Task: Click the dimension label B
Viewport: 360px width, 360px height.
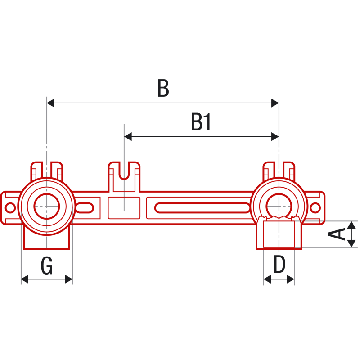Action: coord(163,88)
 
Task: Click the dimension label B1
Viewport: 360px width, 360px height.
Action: coord(201,122)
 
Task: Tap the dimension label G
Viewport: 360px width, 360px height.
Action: coord(47,265)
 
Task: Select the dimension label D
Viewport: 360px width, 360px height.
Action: coord(279,264)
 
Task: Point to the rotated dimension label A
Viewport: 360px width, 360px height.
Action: coord(336,234)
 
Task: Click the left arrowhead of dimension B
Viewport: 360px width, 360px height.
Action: coord(50,103)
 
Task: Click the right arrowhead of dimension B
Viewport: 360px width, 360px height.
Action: coord(275,103)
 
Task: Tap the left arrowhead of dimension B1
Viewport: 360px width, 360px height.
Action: coord(128,137)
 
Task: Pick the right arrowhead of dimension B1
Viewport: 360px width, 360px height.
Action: coord(275,137)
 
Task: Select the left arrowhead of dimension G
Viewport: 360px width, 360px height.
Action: coord(25,279)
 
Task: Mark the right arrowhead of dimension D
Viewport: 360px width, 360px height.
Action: coord(291,279)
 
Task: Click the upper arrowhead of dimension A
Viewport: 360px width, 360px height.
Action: coord(351,225)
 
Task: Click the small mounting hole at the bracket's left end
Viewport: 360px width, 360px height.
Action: coord(10,208)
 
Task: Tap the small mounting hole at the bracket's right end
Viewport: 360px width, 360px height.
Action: coord(315,208)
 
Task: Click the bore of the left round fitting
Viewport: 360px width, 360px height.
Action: coord(47,207)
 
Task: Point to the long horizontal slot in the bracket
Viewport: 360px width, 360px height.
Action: coord(202,208)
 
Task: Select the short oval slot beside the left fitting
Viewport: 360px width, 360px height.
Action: coord(85,208)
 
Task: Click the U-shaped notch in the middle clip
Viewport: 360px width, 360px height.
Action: coord(124,171)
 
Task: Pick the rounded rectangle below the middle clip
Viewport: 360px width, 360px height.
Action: coord(124,208)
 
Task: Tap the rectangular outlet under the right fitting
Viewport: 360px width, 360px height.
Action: coord(279,234)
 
